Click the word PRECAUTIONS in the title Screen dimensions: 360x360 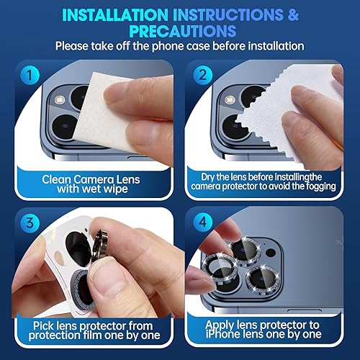click(179, 31)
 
